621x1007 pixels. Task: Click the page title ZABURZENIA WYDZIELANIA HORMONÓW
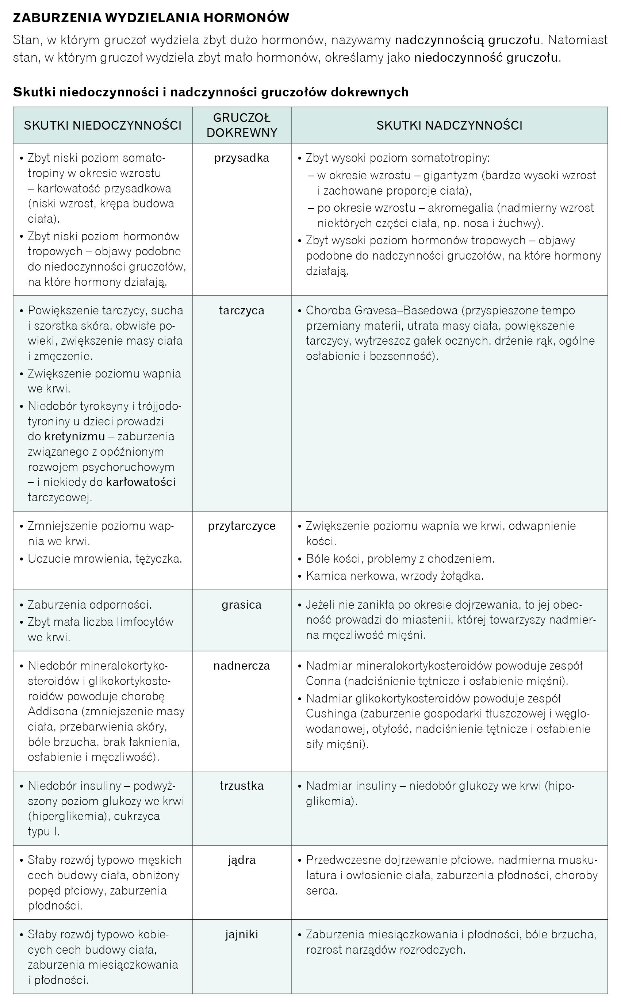[151, 18]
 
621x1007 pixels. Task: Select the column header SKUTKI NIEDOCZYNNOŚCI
[103, 125]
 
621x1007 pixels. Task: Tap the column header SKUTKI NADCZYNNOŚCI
[449, 125]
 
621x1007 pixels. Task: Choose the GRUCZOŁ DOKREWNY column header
[242, 125]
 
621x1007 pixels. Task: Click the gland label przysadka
[242, 158]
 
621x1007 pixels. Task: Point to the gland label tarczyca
[242, 310]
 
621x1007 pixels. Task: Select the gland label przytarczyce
[242, 526]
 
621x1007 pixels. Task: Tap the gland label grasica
[242, 605]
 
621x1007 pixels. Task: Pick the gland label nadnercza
[242, 666]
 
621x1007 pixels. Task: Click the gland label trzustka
[242, 786]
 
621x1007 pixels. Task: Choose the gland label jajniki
[242, 935]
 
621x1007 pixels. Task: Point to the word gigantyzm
[450, 176]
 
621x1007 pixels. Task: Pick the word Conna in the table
[323, 681]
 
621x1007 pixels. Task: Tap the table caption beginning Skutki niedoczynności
[211, 92]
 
